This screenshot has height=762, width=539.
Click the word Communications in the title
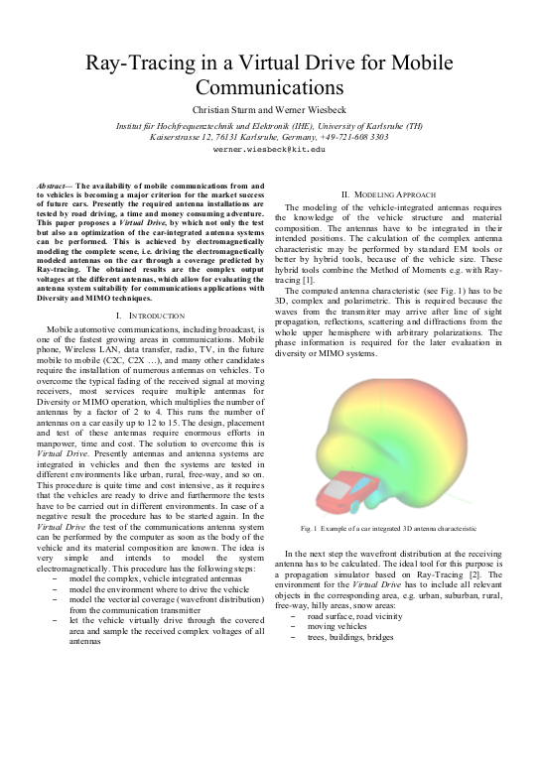point(269,89)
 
